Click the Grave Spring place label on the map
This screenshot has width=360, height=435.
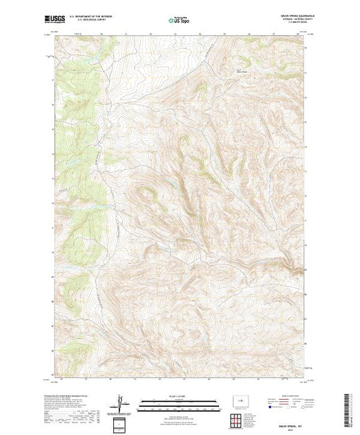click(241, 69)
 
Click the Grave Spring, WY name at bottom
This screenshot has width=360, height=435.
click(293, 425)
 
